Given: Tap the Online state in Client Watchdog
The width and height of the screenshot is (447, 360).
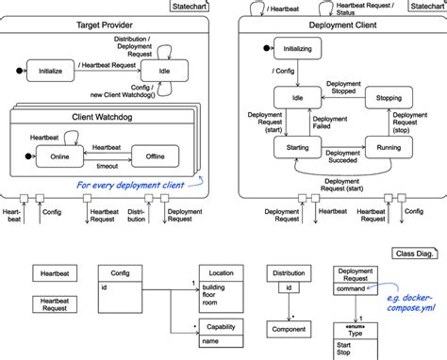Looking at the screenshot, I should [x=57, y=155].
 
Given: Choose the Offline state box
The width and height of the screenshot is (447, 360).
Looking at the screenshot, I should [x=153, y=155].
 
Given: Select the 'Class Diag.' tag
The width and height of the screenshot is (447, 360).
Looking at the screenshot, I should [x=412, y=254].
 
